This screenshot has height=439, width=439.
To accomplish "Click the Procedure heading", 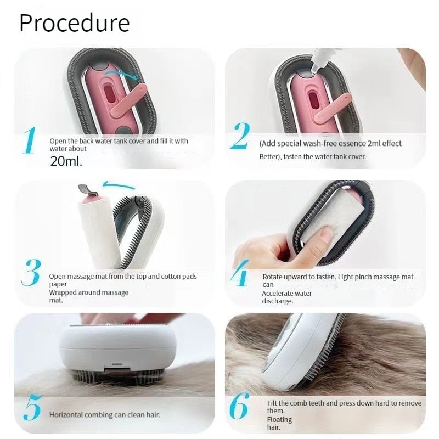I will pos(75,23).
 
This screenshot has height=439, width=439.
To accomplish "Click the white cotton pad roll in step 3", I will pos(99,230).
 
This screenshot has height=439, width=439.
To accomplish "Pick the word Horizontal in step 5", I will pos(66,415).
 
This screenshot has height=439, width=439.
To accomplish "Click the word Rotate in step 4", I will pos(273,277).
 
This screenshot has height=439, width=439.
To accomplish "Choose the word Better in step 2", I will pos(270,156).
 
